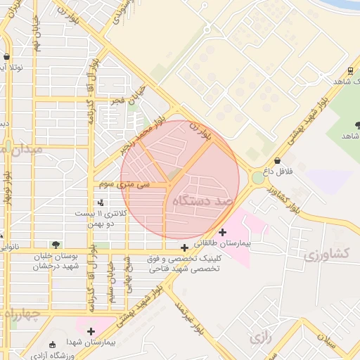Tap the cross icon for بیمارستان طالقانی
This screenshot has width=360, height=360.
point(223,232)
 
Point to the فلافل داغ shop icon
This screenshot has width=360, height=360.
point(277,161)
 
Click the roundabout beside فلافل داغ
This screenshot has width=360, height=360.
point(258,177)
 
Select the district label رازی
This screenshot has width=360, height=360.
point(259,337)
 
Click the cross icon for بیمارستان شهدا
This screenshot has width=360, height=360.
point(90,330)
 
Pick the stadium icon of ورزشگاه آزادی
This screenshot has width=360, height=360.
point(53,345)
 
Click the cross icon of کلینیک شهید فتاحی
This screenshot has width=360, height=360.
point(184,247)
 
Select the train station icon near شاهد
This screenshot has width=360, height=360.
point(350,71)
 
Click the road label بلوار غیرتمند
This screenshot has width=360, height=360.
point(188,319)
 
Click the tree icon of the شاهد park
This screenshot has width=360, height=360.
point(357,125)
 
